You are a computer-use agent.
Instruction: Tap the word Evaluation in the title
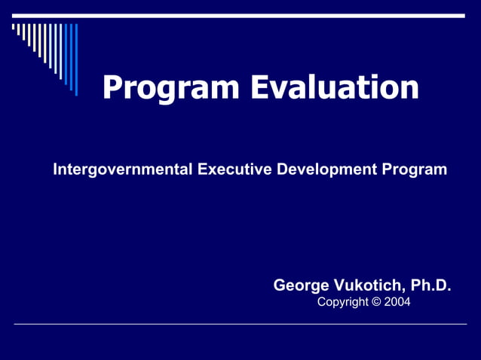click(334, 87)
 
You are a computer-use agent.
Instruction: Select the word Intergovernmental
click(122, 169)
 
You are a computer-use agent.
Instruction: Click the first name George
click(300, 285)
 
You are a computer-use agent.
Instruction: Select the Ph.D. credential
click(430, 285)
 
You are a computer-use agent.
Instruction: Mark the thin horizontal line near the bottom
click(240, 325)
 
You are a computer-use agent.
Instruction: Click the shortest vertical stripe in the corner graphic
click(13, 27)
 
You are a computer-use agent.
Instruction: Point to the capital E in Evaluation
click(260, 87)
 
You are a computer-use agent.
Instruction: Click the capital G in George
click(279, 285)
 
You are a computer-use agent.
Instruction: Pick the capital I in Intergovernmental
click(55, 169)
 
